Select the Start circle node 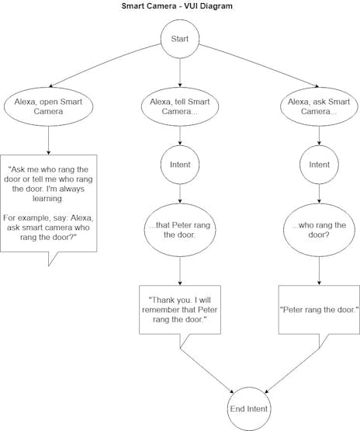pos(180,36)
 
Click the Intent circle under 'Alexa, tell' pos(180,165)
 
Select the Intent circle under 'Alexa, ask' pos(319,165)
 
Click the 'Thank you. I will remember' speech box pos(180,309)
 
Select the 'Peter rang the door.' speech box pos(319,309)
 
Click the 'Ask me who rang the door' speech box pos(49,203)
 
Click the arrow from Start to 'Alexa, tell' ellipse pos(180,71)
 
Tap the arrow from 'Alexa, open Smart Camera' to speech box pos(48,140)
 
